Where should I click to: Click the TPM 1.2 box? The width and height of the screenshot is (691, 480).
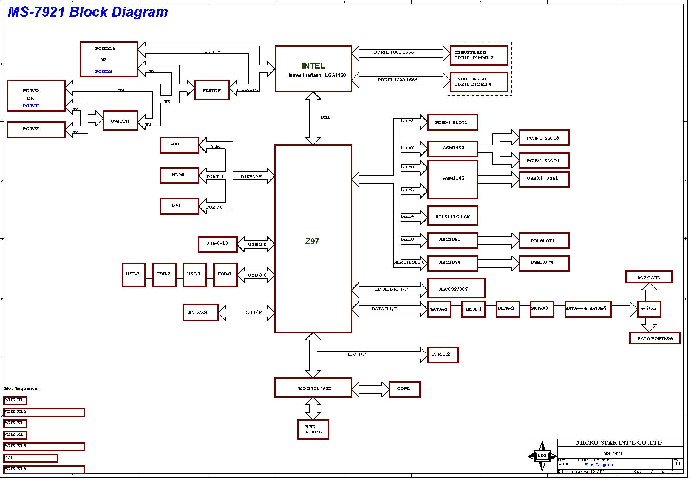tap(443, 355)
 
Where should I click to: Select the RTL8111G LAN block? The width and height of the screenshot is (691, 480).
tap(452, 216)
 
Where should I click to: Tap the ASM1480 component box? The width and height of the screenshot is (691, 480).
tap(452, 149)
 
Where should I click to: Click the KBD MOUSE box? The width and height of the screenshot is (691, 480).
tap(313, 430)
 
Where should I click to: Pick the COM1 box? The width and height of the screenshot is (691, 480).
tap(404, 389)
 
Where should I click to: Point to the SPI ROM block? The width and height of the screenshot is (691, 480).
tap(200, 312)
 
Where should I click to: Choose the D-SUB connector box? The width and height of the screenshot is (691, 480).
tap(179, 145)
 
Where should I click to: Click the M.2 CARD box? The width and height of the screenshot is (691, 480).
tap(649, 277)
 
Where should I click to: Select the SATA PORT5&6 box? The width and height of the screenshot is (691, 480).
tap(655, 338)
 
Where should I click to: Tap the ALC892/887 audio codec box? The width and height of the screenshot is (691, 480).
tap(456, 288)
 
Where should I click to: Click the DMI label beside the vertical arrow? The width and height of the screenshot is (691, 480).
tap(325, 117)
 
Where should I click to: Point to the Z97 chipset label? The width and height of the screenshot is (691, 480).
tap(312, 241)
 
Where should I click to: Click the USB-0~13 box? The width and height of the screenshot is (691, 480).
tap(217, 244)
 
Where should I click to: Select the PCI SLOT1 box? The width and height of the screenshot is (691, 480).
tap(544, 241)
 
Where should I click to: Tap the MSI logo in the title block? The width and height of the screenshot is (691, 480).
tap(542, 456)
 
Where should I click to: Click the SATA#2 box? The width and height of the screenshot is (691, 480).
tap(507, 309)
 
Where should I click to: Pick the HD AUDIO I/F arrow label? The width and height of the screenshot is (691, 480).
tap(391, 289)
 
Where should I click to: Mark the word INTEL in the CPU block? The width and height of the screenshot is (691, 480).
tap(313, 66)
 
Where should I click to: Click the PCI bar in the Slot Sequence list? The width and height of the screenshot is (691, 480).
tap(30, 458)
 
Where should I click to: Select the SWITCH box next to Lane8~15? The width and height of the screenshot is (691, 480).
tap(212, 90)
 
